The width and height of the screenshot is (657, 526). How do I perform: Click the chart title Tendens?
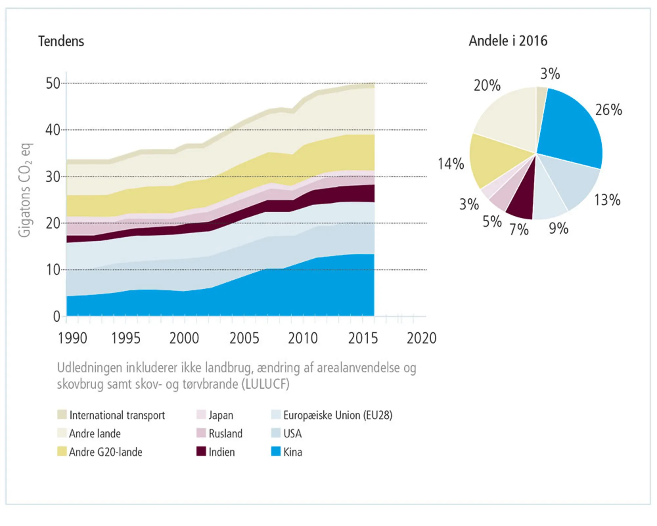[61, 41]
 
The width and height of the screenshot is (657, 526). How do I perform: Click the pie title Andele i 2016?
[508, 41]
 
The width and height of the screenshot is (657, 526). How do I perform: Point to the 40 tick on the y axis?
[53, 130]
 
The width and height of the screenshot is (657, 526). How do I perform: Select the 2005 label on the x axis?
[244, 338]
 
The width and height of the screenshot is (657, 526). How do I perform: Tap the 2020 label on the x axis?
[421, 338]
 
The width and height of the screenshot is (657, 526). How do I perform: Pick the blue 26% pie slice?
[572, 128]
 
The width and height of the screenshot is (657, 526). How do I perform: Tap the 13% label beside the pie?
[607, 200]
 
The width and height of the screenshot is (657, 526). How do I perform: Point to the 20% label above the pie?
[487, 85]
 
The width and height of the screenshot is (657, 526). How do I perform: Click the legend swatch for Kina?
[276, 451]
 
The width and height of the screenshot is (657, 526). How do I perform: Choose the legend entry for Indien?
[221, 452]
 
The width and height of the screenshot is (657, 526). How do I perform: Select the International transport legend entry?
[117, 415]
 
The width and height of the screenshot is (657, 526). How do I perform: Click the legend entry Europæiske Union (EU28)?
[338, 415]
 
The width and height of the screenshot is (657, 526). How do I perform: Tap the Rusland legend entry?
[225, 434]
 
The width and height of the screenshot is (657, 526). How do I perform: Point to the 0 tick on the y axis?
[57, 317]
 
